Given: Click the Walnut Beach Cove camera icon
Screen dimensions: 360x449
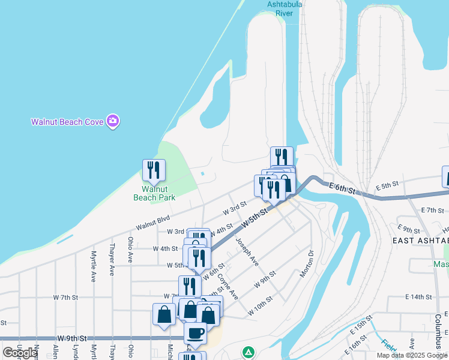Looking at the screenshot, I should (112, 121).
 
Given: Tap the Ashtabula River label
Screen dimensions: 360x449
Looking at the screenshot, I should (285, 8).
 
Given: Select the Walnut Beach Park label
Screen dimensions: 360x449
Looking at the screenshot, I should (154, 193).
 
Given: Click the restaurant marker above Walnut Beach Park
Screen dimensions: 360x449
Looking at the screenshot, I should (154, 170).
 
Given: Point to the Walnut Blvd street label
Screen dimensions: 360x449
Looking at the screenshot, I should (153, 223).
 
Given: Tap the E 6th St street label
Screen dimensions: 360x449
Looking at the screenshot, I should (343, 188).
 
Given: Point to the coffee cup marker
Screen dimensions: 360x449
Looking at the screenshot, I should (195, 332).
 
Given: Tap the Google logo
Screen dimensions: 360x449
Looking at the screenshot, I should (20, 353).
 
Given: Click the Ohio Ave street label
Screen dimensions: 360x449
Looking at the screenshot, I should (130, 250).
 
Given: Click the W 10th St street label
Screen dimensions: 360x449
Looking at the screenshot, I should (261, 303).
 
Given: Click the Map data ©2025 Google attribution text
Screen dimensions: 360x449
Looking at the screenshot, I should (412, 355).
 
